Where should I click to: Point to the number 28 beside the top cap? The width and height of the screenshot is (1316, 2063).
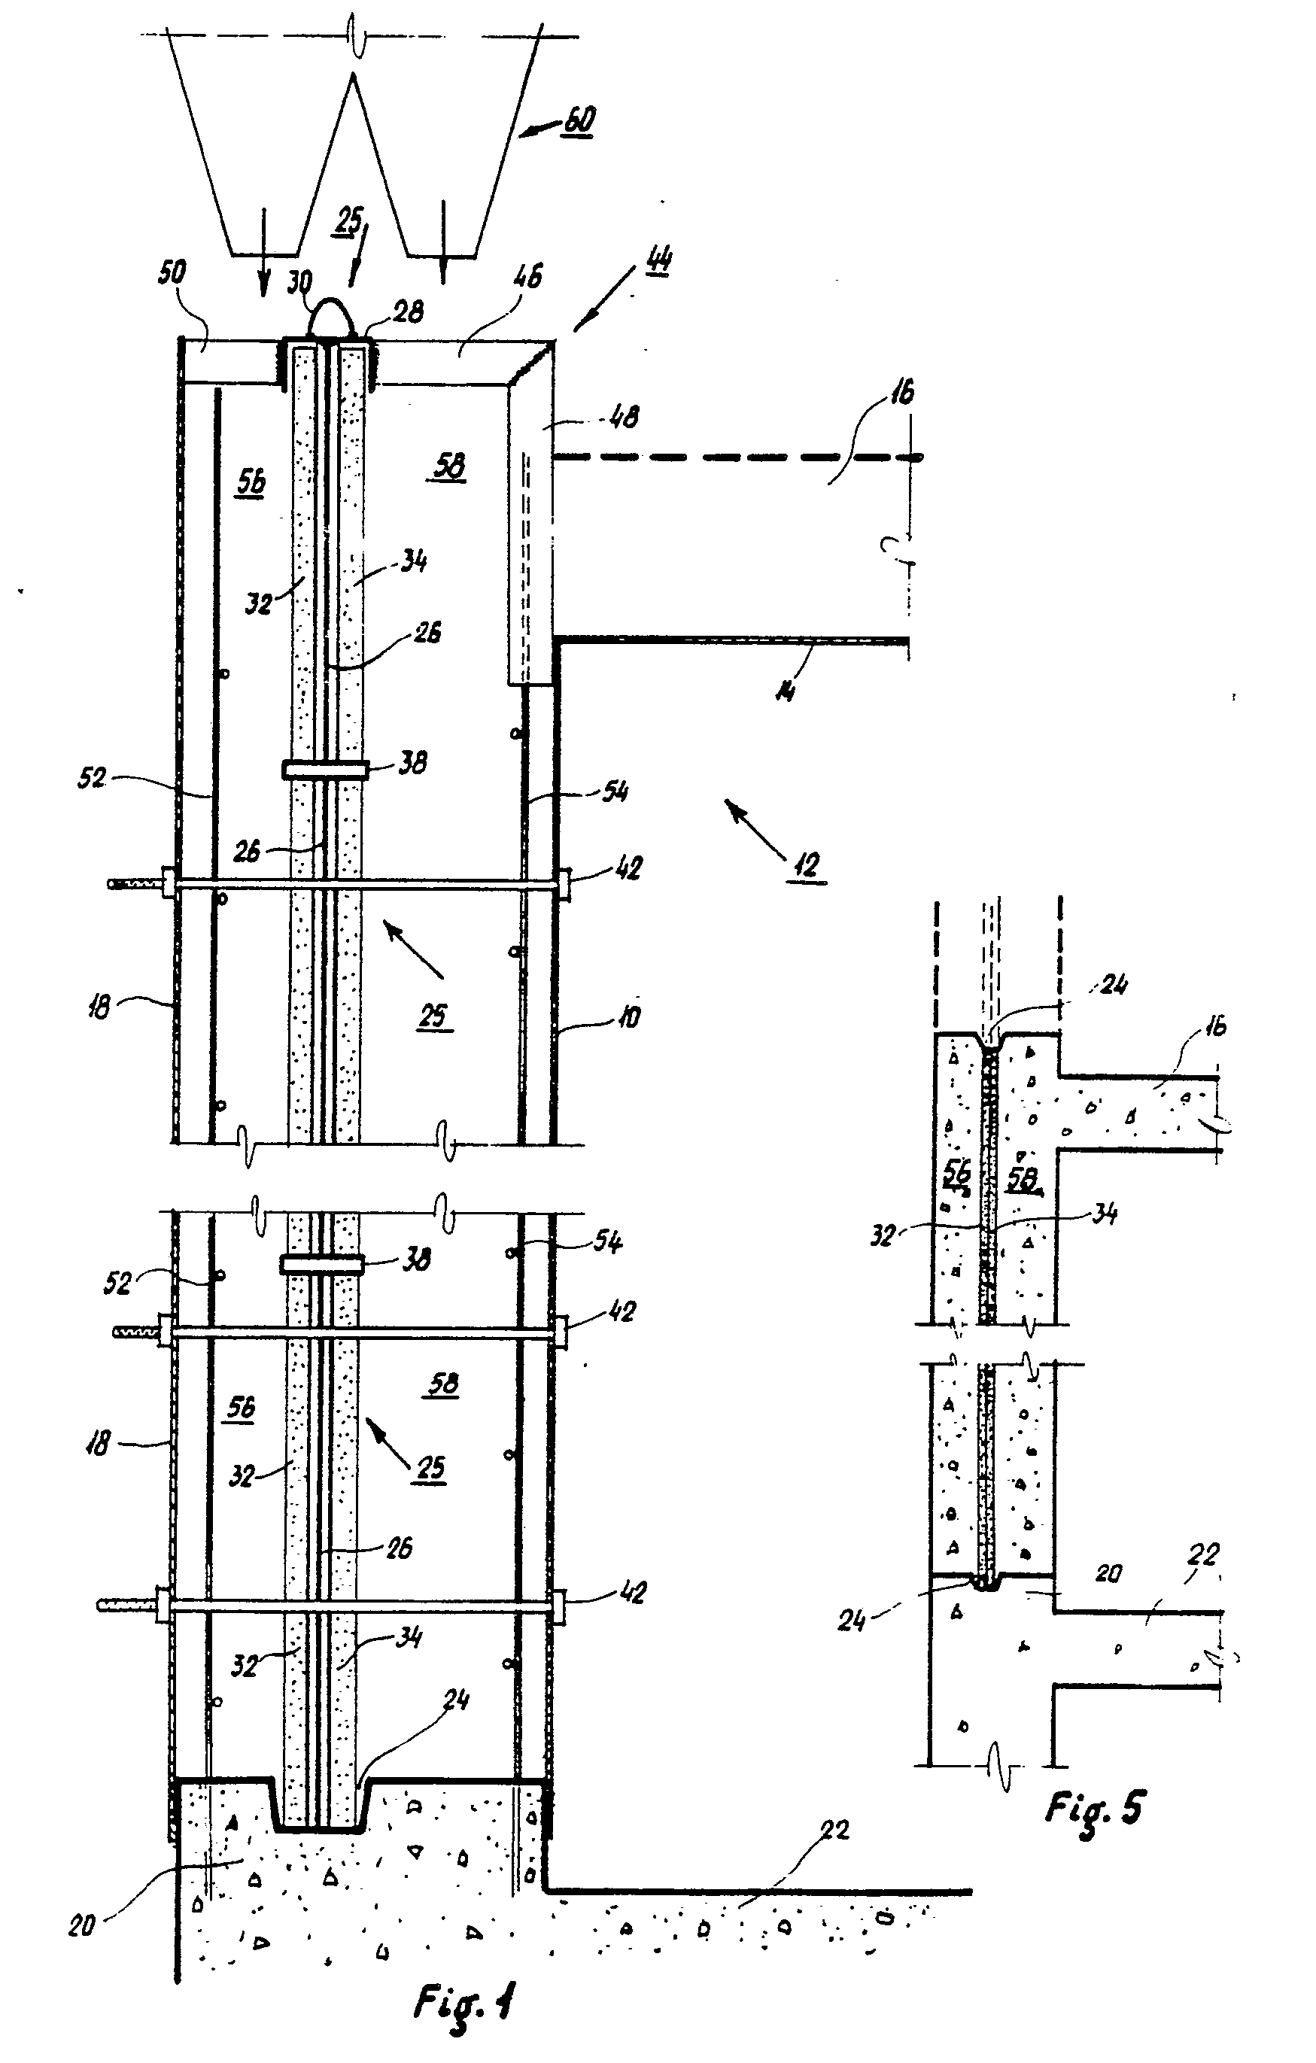click(409, 311)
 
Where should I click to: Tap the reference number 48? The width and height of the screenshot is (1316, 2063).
click(623, 418)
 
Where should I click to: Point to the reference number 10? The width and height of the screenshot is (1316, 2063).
click(628, 1018)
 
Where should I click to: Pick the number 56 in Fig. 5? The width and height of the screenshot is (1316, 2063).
click(957, 1174)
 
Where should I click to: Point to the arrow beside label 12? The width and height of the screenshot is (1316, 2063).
click(754, 828)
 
